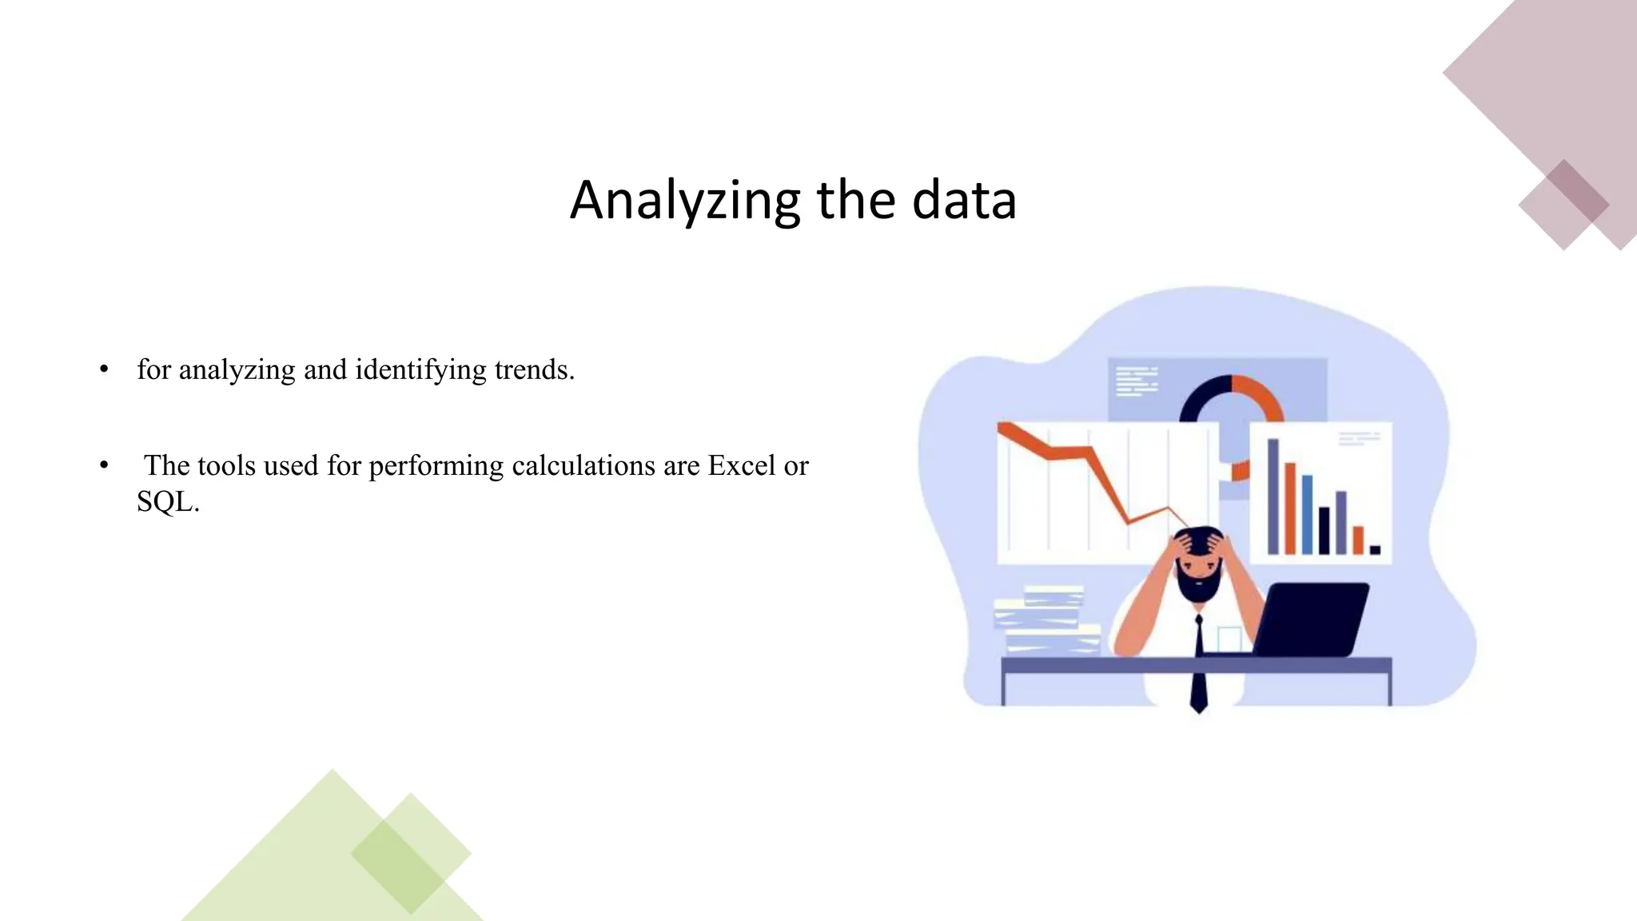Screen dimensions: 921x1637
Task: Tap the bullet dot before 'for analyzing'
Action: [104, 370]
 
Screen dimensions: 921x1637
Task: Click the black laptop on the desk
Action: [1311, 620]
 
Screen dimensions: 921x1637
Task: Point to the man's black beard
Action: [1199, 588]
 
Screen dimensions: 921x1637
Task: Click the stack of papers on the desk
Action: [1043, 624]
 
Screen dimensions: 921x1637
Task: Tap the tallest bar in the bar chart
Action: [1273, 496]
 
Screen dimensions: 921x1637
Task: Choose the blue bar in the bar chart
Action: [1308, 516]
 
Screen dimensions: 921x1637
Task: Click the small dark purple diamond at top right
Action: [1563, 205]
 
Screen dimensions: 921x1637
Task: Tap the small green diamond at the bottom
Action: [411, 853]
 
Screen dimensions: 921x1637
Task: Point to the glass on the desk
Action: [1229, 640]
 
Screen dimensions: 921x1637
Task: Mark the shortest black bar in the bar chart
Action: [1375, 550]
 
